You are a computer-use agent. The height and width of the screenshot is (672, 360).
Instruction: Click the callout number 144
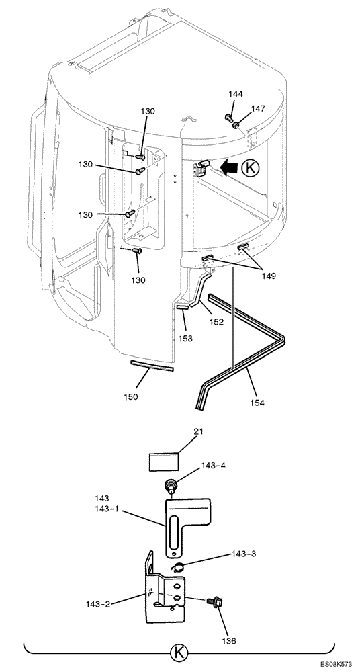coord(235,94)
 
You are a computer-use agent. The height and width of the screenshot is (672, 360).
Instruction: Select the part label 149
coord(269,276)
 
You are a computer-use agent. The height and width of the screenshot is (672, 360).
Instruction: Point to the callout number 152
coord(216,322)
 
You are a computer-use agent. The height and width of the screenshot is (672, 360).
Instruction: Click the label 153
coord(185,338)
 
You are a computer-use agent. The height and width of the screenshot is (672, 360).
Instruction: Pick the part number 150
coord(131,397)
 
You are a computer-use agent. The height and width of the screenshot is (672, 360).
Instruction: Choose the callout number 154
coord(257,403)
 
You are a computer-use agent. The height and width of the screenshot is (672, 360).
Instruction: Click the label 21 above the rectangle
coord(185,431)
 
